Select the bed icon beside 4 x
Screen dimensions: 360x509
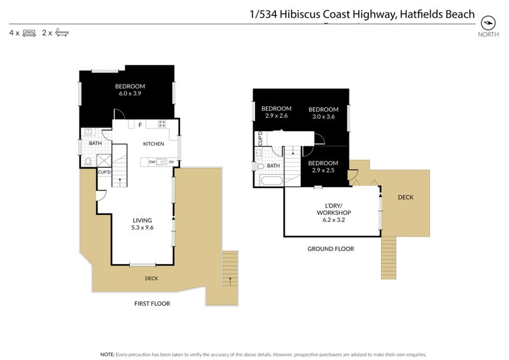(x=29, y=32)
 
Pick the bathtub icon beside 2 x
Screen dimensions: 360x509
(x=62, y=32)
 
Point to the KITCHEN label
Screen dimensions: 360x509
(x=153, y=144)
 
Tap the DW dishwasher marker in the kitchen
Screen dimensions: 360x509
(x=152, y=162)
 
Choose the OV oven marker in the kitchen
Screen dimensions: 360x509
(x=171, y=162)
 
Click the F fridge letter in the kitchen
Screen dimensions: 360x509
(x=140, y=125)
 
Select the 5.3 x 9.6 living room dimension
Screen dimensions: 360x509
(x=142, y=228)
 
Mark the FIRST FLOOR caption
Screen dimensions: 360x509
(x=152, y=303)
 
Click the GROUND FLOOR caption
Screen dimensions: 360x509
(x=330, y=249)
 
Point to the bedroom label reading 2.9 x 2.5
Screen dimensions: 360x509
(x=323, y=167)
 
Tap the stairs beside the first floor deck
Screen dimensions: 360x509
(x=229, y=268)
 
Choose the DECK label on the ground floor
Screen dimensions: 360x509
(x=405, y=197)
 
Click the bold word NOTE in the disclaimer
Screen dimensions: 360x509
(x=107, y=354)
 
